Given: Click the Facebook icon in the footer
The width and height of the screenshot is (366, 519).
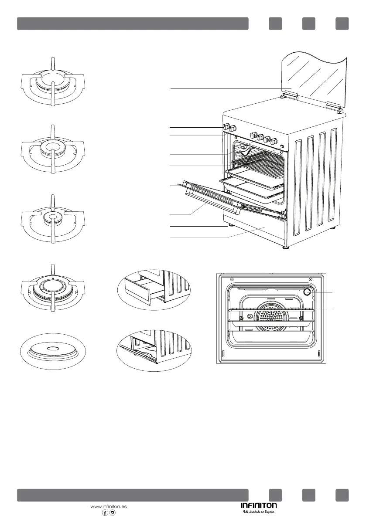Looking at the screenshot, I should tap(105, 513).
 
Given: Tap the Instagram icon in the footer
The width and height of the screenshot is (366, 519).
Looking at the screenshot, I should tap(113, 513).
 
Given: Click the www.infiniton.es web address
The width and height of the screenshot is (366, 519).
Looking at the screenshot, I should tap(108, 506).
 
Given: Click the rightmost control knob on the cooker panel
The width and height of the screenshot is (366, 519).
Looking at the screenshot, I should tap(275, 141).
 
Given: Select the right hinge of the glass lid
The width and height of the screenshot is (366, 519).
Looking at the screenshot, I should tap(334, 105).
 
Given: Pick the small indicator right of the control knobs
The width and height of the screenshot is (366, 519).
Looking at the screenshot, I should tap(282, 146).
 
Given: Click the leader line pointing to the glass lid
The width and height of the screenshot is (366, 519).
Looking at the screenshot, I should tap(227, 88).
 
